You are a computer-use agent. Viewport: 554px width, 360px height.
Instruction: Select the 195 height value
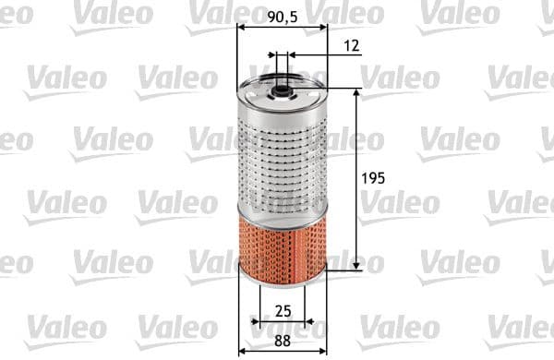373,177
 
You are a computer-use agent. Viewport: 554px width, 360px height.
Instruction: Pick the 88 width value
283,340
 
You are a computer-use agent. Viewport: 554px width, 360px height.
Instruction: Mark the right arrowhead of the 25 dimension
309,322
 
